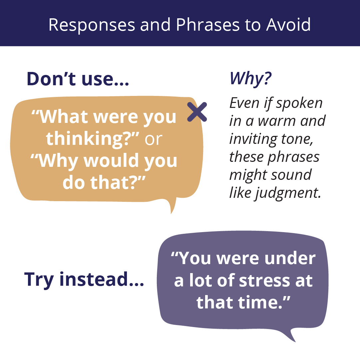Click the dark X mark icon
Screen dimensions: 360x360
click(197, 112)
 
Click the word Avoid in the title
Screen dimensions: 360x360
click(288, 25)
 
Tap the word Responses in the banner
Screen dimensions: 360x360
click(92, 25)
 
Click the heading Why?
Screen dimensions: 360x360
click(250, 79)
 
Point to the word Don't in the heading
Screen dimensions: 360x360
click(51, 79)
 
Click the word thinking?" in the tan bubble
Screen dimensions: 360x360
click(93, 139)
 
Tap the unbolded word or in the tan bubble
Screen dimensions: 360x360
click(154, 139)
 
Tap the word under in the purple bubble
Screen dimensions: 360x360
click(290, 258)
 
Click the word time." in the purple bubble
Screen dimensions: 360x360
click(264, 302)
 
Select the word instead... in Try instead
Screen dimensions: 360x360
click(102, 279)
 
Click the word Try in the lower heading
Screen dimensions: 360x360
click(39, 280)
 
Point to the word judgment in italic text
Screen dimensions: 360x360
click(288, 193)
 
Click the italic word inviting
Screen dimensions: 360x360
click(254, 139)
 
